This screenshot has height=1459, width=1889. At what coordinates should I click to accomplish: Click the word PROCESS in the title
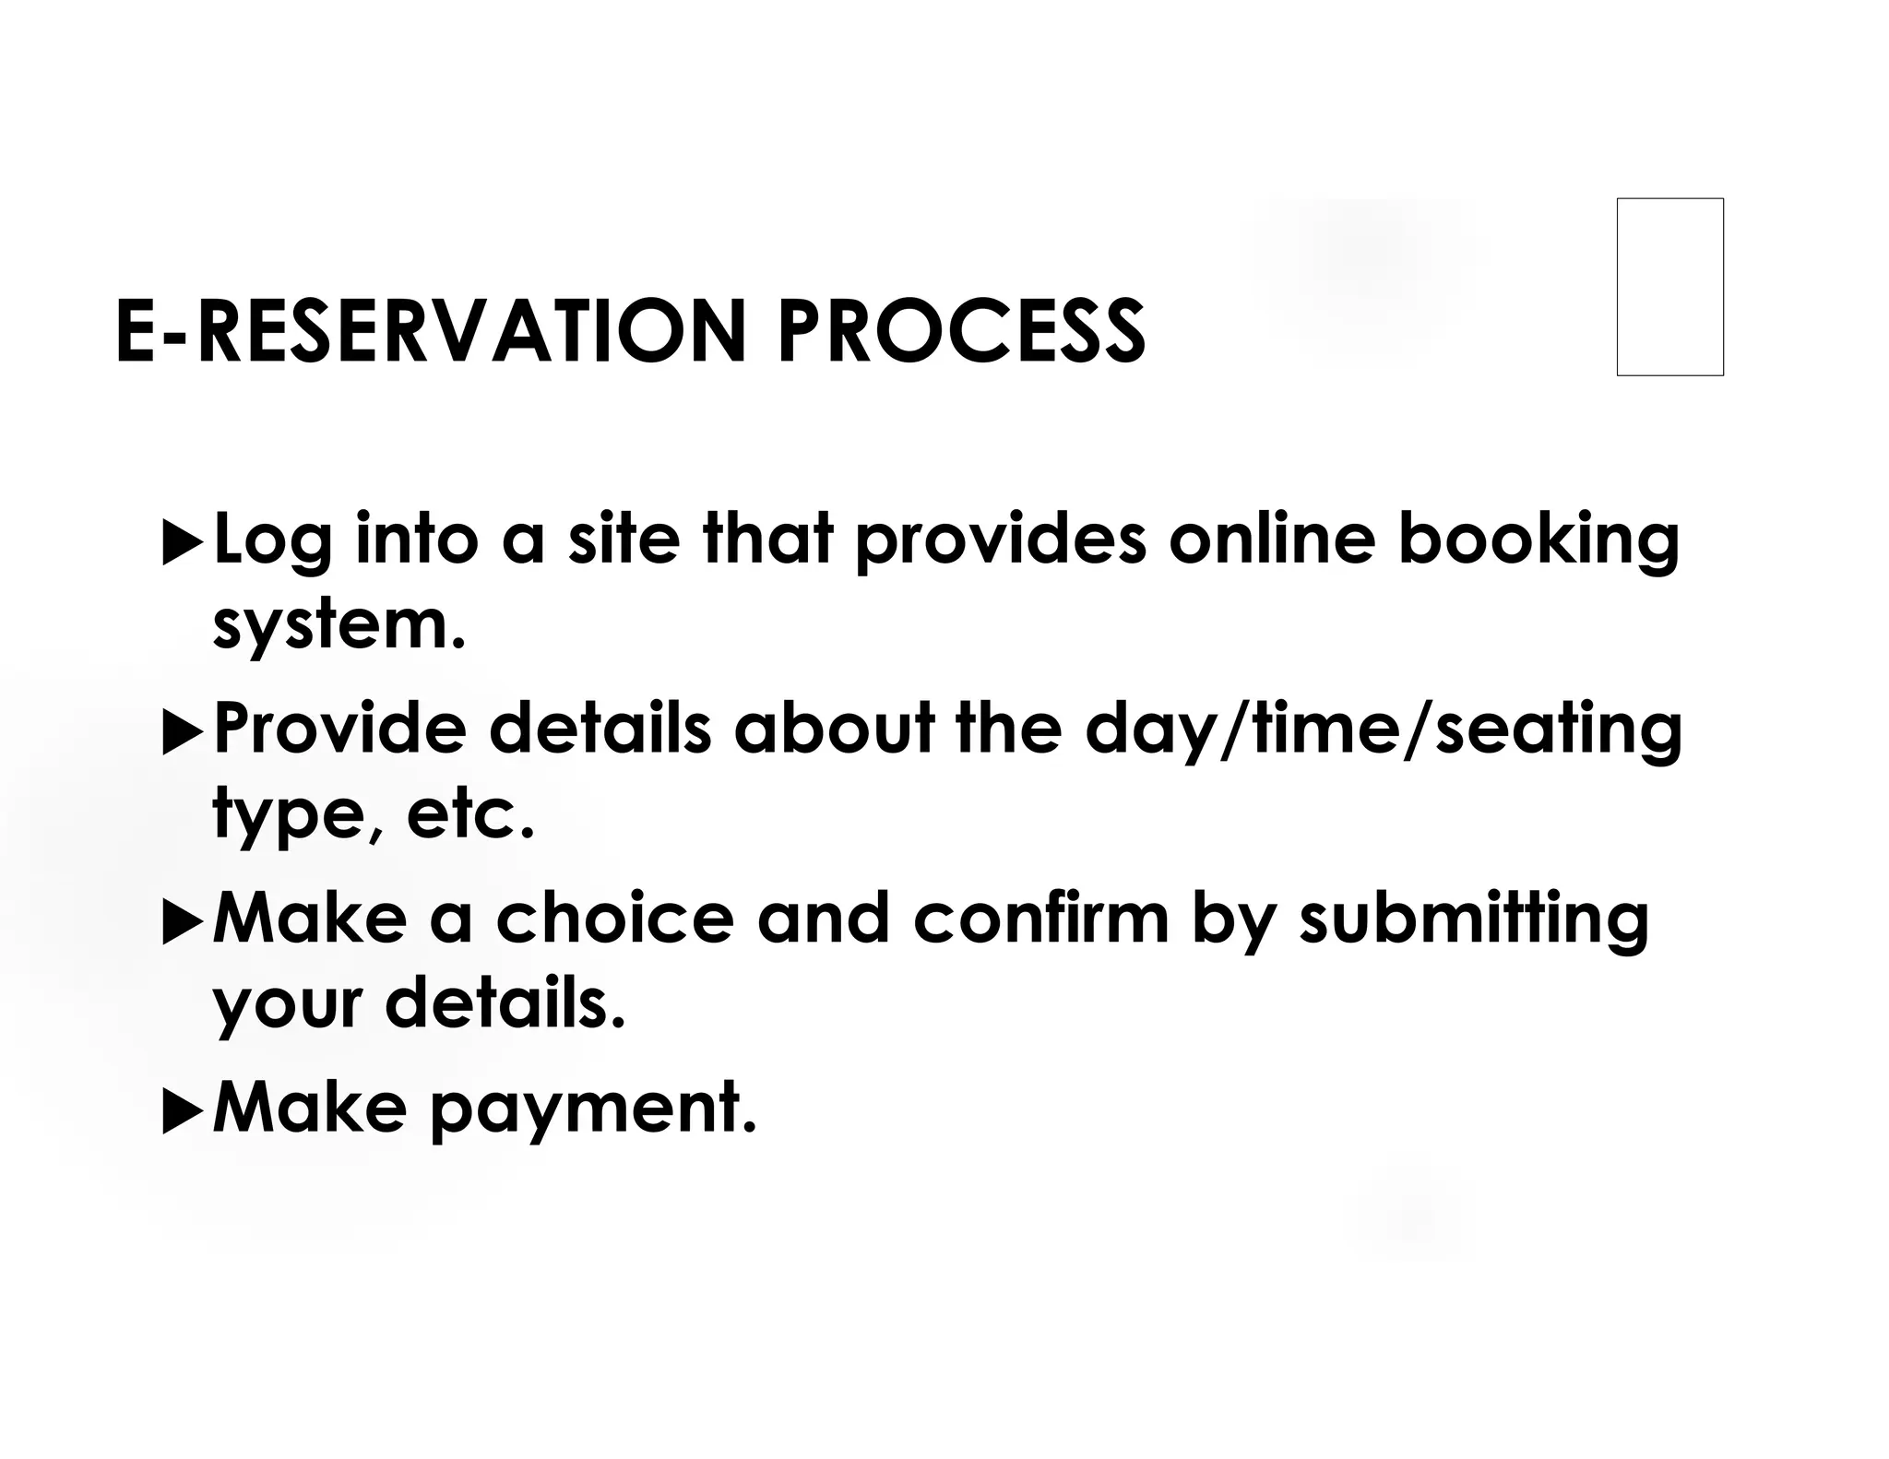[x=961, y=331]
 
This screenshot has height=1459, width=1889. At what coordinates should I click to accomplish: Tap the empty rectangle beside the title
[x=1669, y=287]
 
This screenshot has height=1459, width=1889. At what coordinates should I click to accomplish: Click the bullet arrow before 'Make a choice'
[x=182, y=925]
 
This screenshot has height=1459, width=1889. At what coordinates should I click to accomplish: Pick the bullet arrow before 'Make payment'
[x=182, y=1115]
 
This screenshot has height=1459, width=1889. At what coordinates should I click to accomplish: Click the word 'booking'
[x=1539, y=540]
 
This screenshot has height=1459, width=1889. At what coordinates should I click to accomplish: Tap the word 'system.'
[x=339, y=627]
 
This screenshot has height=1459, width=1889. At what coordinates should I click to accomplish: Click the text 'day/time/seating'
[x=1384, y=730]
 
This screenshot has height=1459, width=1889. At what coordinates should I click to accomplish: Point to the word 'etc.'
[x=469, y=815]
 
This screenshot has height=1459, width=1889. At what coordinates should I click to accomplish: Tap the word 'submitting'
[x=1473, y=921]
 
